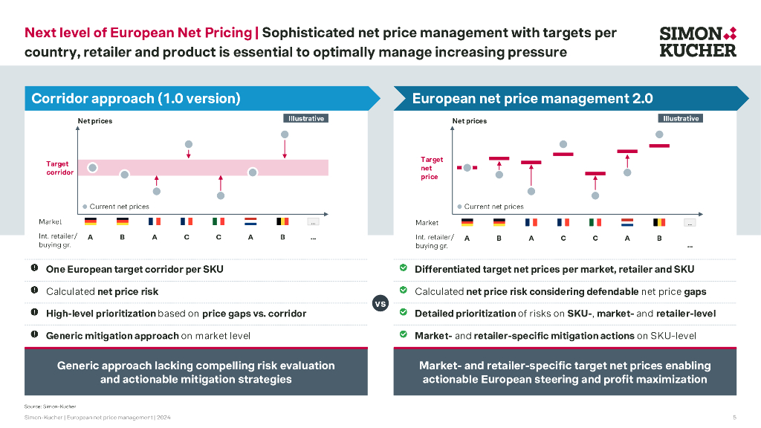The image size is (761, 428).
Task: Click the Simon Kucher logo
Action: (x=698, y=42)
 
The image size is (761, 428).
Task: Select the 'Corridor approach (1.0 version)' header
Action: (x=136, y=99)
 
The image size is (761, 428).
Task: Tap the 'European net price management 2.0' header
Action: (x=532, y=99)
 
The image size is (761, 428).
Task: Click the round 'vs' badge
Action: (x=380, y=303)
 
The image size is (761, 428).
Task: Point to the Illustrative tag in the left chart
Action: (x=305, y=118)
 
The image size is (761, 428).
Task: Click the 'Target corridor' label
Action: (x=60, y=168)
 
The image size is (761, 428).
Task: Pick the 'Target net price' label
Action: (x=431, y=168)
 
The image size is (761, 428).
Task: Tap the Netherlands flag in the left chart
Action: (x=251, y=221)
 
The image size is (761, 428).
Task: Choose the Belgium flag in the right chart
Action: (x=659, y=222)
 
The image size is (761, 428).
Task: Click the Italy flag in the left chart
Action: (x=218, y=221)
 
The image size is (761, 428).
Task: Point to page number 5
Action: (x=734, y=418)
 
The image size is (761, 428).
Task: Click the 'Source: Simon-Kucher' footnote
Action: (x=50, y=406)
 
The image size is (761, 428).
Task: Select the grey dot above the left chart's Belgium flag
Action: (x=284, y=134)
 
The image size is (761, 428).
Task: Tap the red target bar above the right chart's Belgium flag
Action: (x=659, y=146)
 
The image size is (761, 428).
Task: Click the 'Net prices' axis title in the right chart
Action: (x=470, y=120)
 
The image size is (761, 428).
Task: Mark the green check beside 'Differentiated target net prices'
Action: (x=403, y=268)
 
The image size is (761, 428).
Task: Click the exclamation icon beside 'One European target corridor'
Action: (x=34, y=268)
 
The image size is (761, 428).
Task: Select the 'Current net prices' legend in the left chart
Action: (x=116, y=207)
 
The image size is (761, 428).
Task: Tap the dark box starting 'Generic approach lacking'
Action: (x=196, y=372)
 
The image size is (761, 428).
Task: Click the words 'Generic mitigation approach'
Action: (x=112, y=335)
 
